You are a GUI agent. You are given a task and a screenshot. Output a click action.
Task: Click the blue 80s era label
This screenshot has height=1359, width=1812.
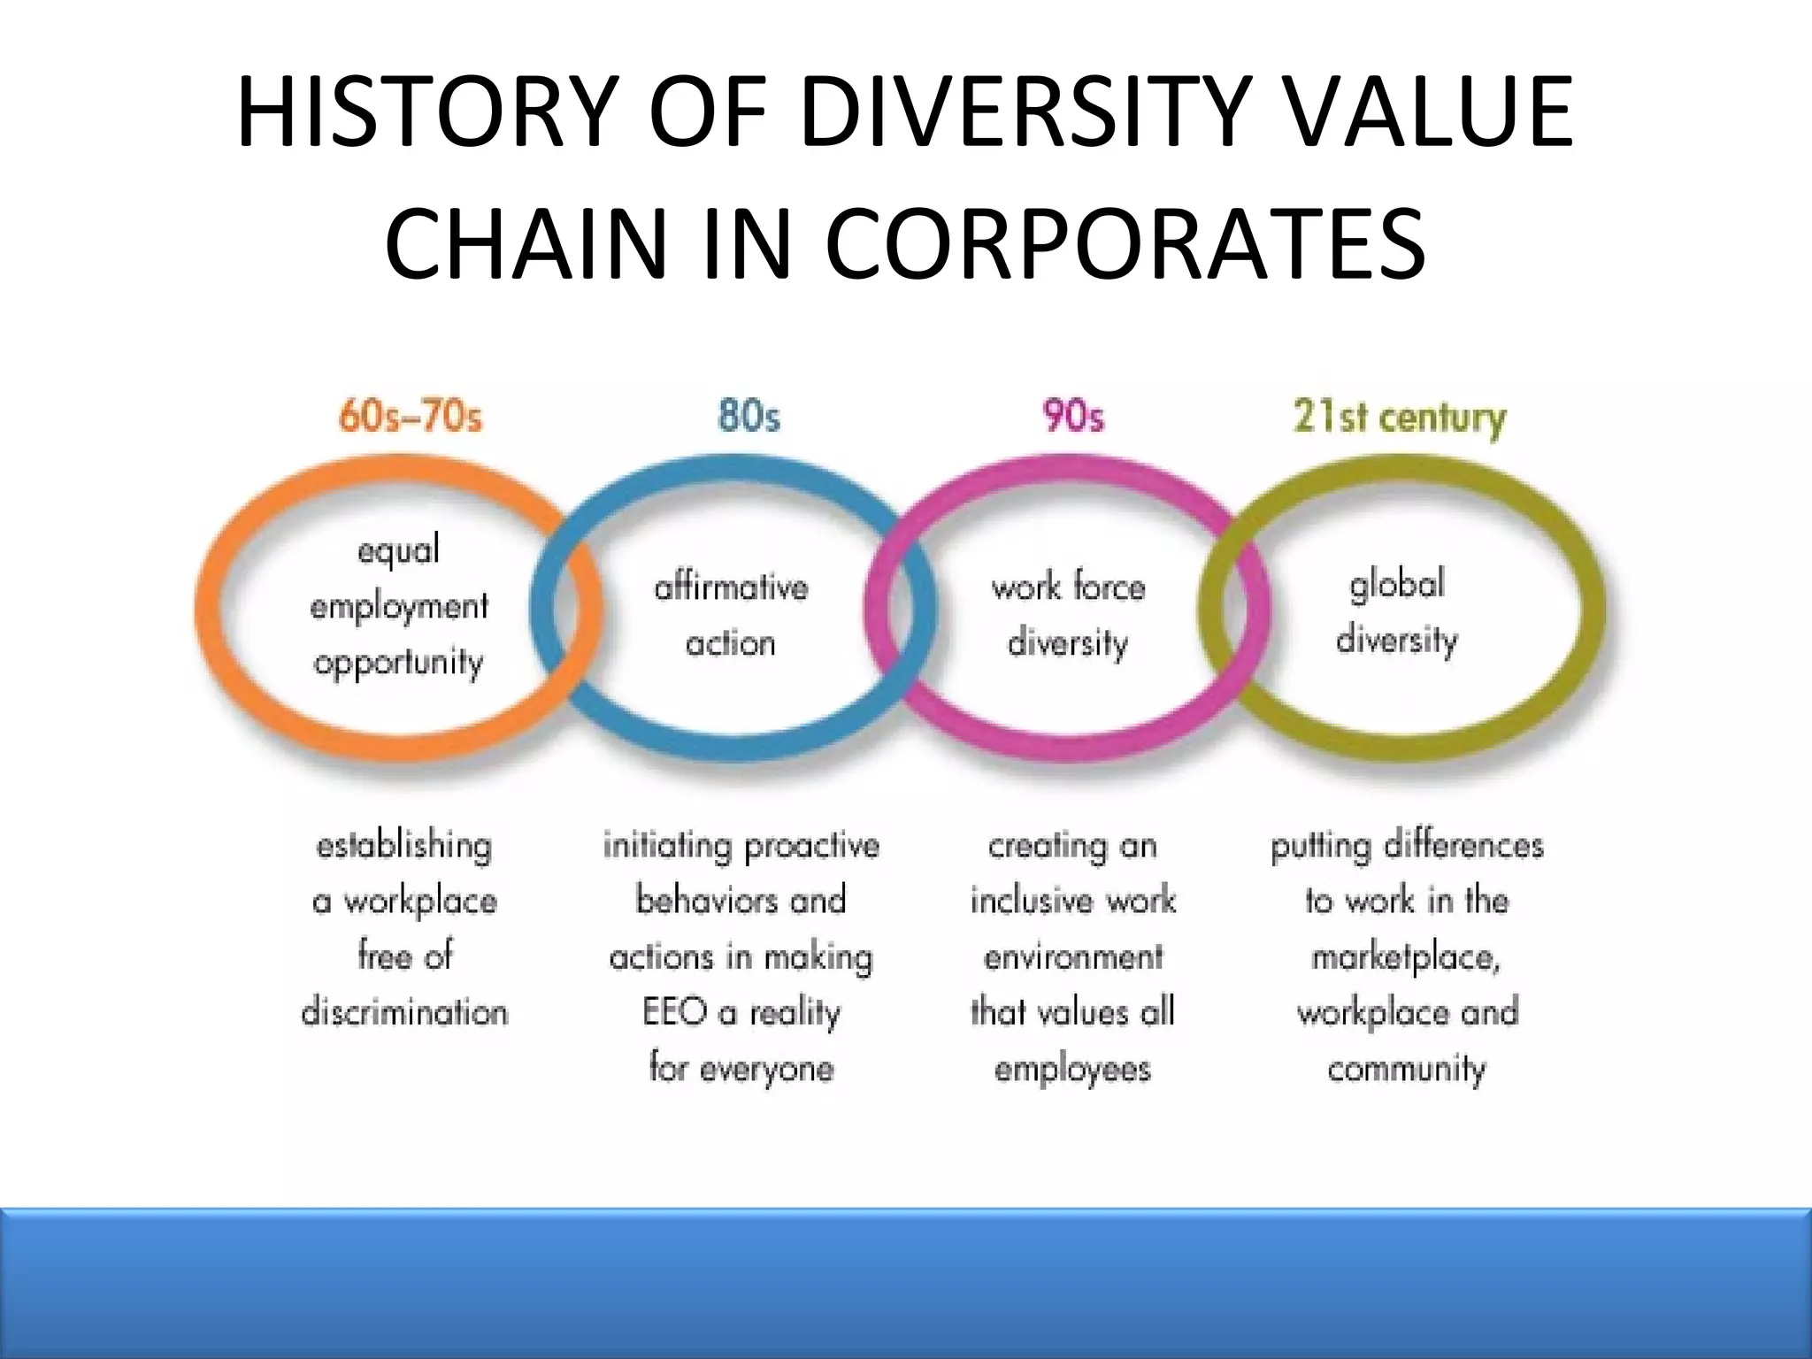coord(749,416)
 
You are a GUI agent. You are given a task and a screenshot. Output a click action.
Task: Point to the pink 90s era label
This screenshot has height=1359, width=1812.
coord(1073,416)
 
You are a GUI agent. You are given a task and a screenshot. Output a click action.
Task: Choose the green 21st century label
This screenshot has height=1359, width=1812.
coord(1399,418)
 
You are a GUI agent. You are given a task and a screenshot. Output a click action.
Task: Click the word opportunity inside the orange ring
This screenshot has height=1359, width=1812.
coord(399,663)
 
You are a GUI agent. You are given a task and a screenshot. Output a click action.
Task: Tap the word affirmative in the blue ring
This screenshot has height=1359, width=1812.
coord(731,587)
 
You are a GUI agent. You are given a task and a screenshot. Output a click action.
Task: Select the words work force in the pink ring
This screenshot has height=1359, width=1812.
coord(1068,587)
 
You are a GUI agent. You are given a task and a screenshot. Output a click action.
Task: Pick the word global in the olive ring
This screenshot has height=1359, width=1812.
coord(1397,585)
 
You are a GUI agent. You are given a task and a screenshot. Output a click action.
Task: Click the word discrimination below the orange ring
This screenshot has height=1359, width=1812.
coord(405,1012)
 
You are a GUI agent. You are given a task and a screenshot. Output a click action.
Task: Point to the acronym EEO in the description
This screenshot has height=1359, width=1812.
coord(674,1012)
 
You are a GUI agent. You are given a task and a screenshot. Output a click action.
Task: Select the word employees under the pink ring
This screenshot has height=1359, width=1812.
coord(1072,1069)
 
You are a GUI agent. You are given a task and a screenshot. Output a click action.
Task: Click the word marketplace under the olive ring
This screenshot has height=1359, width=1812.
coord(1406,957)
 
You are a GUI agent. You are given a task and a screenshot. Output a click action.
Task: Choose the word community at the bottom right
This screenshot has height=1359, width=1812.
coord(1406,1069)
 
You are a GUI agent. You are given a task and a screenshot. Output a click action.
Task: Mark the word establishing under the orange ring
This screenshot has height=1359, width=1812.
coord(403,846)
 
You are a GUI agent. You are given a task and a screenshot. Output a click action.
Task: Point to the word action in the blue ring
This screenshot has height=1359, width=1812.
coord(731,643)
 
